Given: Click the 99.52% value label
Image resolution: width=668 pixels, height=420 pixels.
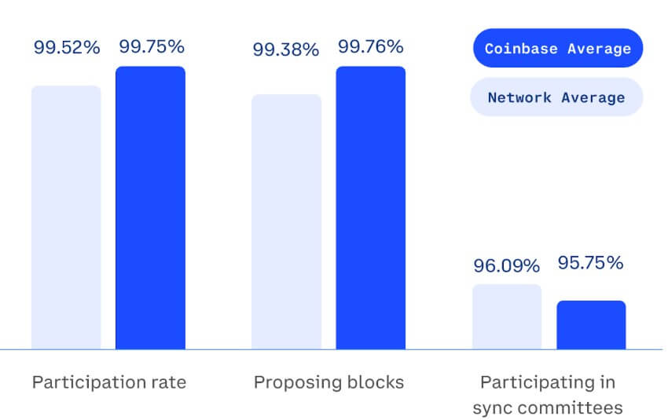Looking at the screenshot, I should coord(67,47).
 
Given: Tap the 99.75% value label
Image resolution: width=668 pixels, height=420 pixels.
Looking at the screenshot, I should coord(152,46).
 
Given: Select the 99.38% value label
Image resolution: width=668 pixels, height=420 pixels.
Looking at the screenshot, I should coord(285,50).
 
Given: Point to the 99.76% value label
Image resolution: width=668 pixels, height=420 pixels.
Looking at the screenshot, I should coord(372,46).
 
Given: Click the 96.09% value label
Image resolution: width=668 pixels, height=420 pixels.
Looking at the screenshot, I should coord(507,265).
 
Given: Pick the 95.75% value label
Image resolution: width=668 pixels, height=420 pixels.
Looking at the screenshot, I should coord(591,263).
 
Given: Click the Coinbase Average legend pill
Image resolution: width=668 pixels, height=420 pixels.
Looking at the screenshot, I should coord(557,49).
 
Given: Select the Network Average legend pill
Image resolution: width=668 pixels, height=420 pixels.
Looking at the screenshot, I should coord(556,97).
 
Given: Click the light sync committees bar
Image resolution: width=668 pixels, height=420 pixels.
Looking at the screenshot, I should coord(507,317).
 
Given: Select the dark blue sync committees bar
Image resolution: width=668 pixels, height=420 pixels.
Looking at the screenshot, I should coord(592,325).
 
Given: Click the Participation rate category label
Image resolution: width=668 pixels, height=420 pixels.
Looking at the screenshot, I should coord(108,382).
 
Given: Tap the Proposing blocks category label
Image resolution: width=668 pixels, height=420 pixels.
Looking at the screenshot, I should coord(328,382).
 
